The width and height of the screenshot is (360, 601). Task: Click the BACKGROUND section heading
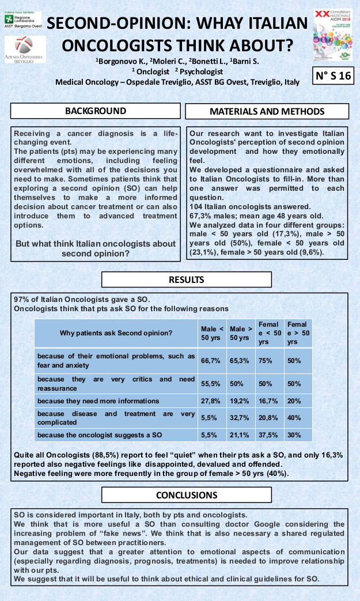coord(96,111)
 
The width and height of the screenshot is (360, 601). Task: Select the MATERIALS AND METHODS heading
coord(267,111)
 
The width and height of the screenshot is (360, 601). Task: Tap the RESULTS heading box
coord(186,280)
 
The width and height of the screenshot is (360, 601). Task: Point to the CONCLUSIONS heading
coord(186,495)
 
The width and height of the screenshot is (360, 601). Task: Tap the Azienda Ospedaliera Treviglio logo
coord(24,50)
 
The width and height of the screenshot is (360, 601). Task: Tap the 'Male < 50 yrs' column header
coord(212,333)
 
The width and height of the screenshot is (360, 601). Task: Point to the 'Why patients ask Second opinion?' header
coord(116,333)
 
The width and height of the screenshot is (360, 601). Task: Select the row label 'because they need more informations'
coord(98,401)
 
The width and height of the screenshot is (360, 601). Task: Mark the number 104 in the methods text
coord(197,206)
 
